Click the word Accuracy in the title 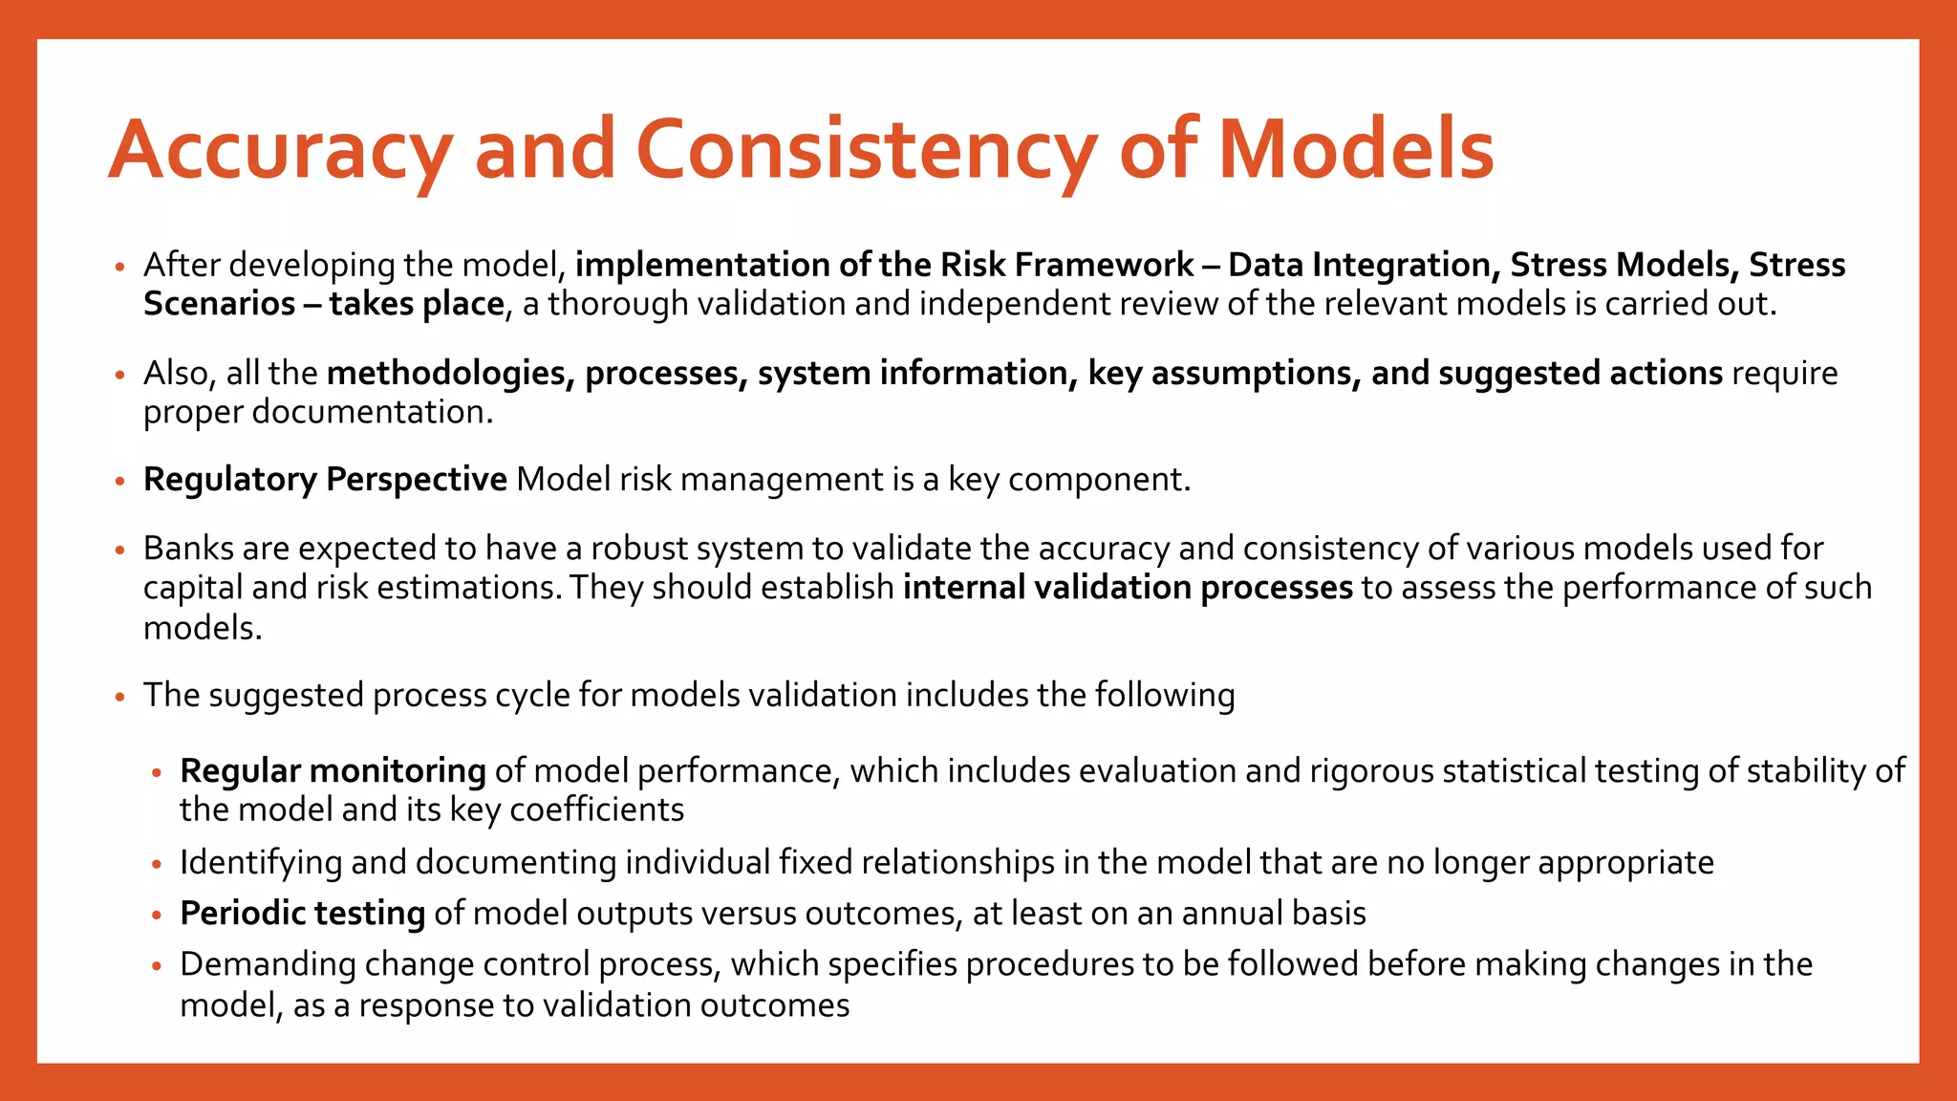[279, 151]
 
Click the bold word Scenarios [220, 304]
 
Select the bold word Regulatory [229, 479]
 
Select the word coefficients [596, 810]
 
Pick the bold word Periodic [243, 914]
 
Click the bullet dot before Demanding [158, 966]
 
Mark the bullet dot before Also [120, 375]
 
